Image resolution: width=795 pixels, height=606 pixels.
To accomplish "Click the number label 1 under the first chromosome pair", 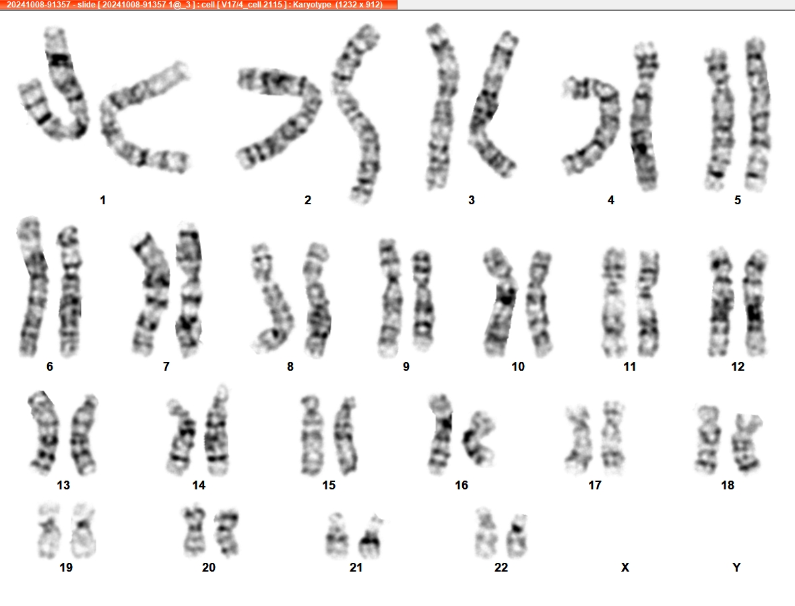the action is pos(103,200).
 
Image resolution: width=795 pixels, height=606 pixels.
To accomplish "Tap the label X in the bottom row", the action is pos(625,568).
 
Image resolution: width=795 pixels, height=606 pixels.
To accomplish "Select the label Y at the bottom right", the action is pos(736,568).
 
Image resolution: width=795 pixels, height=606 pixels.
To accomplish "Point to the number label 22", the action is pos(501,568).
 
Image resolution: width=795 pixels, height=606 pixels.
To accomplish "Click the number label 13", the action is pos(63,485).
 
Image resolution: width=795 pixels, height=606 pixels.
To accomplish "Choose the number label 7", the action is pos(166,367).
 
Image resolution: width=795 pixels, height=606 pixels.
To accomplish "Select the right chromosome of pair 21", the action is pos(371,537).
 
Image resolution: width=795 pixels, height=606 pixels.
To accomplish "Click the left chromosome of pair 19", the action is pos(49,531).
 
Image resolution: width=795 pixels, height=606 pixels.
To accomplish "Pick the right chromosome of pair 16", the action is pos(478,439).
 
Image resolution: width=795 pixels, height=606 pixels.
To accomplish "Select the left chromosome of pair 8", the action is pos(272,299).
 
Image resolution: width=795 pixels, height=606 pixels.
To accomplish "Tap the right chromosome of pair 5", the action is pos(757,114).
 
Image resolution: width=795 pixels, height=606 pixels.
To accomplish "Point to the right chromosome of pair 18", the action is pos(746,443).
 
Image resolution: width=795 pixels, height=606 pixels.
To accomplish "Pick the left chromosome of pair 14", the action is pos(181,437).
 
